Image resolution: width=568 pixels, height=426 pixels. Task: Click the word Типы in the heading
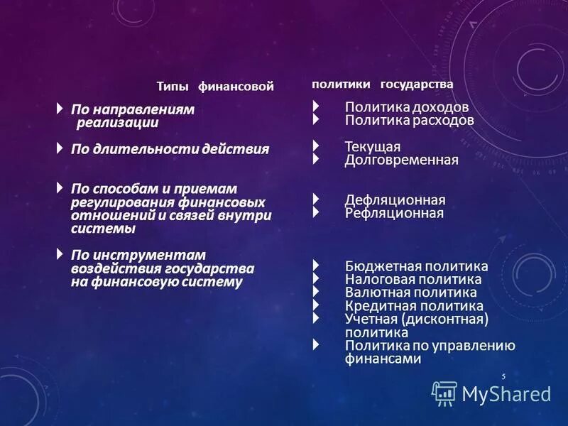(x=173, y=87)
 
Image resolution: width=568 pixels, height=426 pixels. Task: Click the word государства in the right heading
(x=417, y=84)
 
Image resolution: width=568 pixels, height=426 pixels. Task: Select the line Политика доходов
(x=406, y=107)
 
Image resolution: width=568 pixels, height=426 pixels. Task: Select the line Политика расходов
(x=409, y=121)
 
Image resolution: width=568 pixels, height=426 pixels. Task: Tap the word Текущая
(x=373, y=146)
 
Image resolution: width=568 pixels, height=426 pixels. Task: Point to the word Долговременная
(x=401, y=160)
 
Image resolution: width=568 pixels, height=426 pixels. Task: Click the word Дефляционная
(x=395, y=200)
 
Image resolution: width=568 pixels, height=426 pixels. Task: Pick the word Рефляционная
(x=394, y=213)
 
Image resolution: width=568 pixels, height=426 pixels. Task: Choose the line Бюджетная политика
(x=416, y=266)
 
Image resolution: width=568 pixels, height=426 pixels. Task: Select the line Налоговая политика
(x=413, y=280)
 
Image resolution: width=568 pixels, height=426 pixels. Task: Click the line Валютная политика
(x=410, y=293)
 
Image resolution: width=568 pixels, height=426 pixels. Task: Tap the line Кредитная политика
(x=414, y=306)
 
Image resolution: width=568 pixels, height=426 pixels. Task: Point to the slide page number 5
(x=503, y=376)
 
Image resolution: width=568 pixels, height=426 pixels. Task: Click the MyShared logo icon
(x=444, y=393)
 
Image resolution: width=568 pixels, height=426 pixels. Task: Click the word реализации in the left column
(x=117, y=123)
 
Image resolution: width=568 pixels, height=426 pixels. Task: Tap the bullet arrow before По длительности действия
(x=60, y=148)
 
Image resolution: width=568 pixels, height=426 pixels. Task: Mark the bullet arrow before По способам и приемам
(x=60, y=188)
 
